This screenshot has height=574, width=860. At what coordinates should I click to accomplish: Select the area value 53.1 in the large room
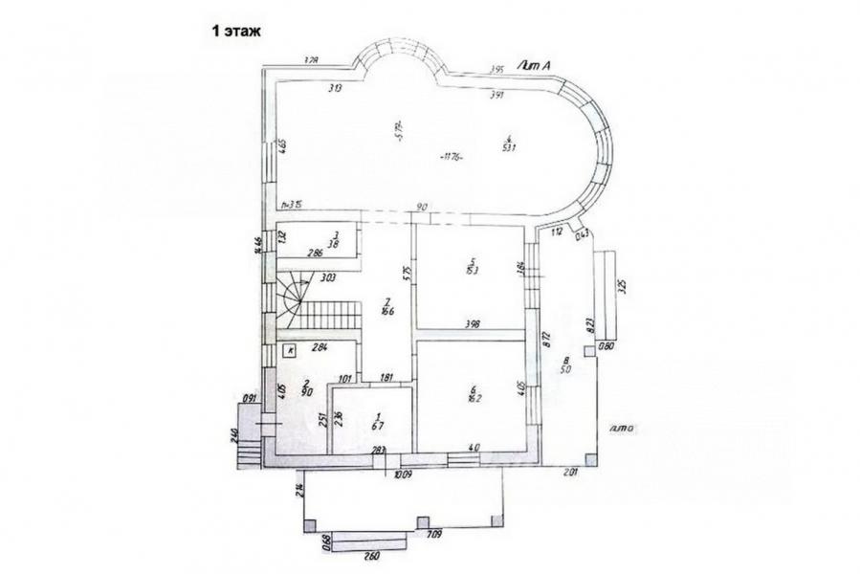point(510,147)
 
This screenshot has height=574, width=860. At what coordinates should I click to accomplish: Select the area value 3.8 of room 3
point(335,243)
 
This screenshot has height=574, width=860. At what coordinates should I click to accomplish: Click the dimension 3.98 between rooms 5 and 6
point(471,324)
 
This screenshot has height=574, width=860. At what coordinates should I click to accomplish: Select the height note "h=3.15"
point(291,204)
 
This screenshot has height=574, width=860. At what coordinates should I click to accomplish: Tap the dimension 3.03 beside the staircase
point(327,278)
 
